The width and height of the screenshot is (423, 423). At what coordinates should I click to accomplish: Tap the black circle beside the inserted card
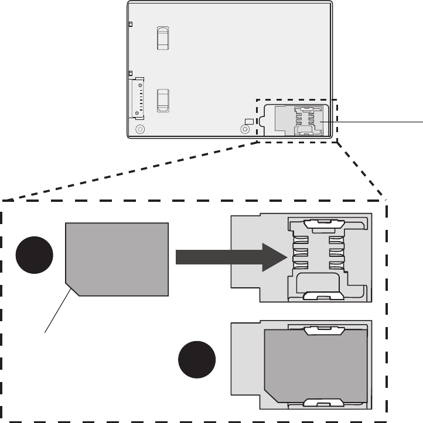197,361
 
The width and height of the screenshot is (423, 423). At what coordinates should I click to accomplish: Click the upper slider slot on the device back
163,37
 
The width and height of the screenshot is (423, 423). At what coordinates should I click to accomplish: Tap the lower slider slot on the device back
163,100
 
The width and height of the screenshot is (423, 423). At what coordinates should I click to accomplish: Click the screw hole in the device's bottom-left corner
139,129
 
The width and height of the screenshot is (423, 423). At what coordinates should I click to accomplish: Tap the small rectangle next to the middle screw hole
249,121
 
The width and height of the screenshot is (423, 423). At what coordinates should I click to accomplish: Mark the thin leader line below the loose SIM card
59,310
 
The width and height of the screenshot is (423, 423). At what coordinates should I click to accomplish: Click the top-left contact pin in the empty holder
302,240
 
